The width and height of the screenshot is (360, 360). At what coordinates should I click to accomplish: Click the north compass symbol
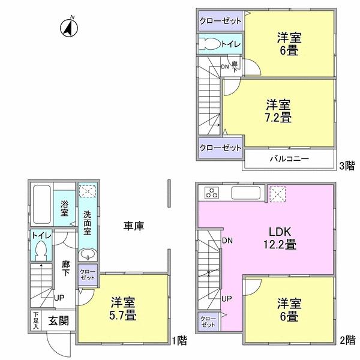click(x=68, y=27)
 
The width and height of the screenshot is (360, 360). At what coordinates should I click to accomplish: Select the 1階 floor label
click(x=179, y=341)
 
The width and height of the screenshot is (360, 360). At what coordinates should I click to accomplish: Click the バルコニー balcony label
click(x=288, y=160)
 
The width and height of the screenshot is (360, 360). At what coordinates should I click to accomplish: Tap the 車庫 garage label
click(x=133, y=227)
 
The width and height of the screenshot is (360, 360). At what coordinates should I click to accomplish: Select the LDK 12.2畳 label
click(x=281, y=238)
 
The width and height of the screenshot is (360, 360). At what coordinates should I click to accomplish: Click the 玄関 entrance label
click(x=58, y=320)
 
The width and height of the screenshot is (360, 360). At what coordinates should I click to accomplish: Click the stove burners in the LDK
click(x=213, y=193)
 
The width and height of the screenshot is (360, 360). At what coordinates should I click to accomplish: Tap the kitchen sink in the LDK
click(x=246, y=193)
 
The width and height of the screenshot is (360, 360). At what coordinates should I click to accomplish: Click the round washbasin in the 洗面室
click(x=87, y=252)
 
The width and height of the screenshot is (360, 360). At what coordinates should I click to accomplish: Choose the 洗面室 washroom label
click(x=87, y=223)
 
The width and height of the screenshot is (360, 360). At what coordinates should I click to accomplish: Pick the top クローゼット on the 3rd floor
click(x=220, y=20)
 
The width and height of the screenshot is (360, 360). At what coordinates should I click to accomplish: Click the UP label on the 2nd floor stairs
click(x=227, y=298)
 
